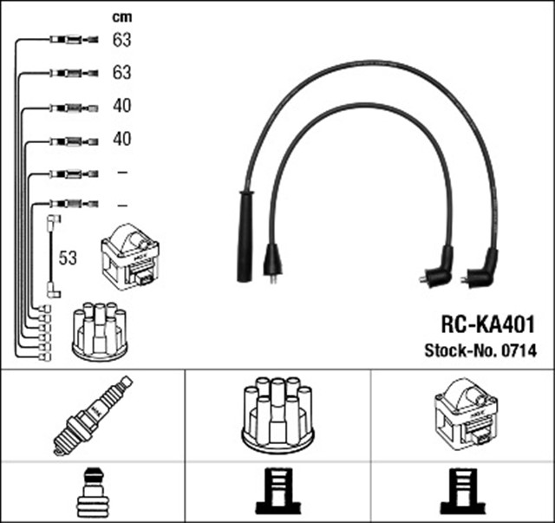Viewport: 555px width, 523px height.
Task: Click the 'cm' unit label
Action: [x=121, y=16]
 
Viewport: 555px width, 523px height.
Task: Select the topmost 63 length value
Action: [x=122, y=40]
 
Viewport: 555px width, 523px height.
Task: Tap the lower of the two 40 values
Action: [x=122, y=139]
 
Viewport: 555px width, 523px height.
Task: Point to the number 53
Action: [x=69, y=258]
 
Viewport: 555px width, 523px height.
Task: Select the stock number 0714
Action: [x=519, y=351]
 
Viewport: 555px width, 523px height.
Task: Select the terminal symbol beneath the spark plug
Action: [x=92, y=492]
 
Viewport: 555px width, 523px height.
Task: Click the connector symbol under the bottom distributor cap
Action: [x=277, y=492]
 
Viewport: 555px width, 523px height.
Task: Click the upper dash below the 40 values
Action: [x=122, y=173]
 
